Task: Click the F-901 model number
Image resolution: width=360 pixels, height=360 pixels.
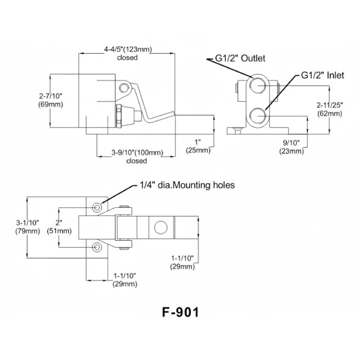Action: (x=180, y=312)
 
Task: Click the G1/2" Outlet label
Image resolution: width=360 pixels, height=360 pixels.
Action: (x=240, y=58)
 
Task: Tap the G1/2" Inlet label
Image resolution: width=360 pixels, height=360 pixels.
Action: (x=323, y=75)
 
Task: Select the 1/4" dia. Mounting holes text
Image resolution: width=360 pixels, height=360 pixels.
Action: (x=187, y=185)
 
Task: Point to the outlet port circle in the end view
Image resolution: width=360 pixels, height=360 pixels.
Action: (x=257, y=85)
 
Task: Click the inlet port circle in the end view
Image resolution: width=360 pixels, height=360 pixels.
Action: (x=257, y=116)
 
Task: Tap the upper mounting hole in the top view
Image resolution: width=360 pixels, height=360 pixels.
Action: (x=97, y=208)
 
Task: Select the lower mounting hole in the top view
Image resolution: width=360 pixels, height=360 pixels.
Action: (x=97, y=247)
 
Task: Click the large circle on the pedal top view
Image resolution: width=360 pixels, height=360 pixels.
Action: (x=161, y=227)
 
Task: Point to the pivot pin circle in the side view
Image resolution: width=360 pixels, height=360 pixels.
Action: (x=124, y=88)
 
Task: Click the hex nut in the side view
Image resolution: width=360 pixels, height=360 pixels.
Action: (x=119, y=116)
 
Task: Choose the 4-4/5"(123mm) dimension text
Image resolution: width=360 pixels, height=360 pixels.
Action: (x=128, y=49)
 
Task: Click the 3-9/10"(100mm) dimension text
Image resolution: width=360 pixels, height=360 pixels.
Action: (x=137, y=153)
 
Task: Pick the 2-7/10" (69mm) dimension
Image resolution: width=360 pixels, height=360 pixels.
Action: (x=50, y=100)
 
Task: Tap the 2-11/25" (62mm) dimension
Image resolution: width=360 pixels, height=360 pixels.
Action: (x=330, y=109)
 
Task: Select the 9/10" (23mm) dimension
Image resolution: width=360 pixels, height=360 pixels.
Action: (x=292, y=147)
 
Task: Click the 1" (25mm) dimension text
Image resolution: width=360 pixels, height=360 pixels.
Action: (x=198, y=146)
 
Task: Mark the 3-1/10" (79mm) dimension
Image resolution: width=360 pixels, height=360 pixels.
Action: (x=27, y=227)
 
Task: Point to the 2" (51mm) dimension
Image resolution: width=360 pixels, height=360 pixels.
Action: (x=59, y=227)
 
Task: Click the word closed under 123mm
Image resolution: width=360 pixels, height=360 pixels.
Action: (x=127, y=58)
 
